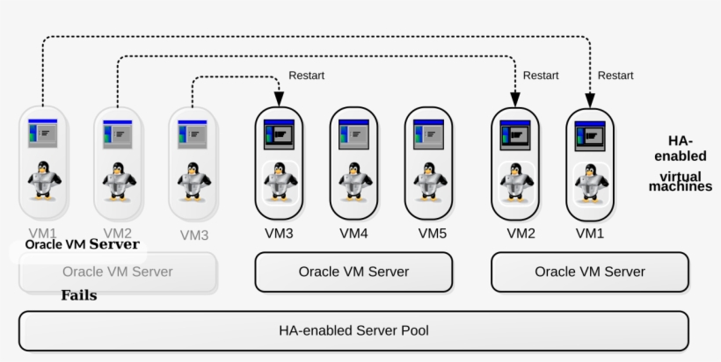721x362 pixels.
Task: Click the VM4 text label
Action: click(353, 234)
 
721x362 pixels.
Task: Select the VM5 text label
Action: click(432, 234)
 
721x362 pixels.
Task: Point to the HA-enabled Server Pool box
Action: click(353, 330)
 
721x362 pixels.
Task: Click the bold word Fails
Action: click(78, 295)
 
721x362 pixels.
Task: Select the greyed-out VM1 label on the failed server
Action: click(41, 233)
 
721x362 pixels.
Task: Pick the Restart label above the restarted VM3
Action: click(306, 76)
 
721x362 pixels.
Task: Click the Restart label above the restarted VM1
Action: click(615, 76)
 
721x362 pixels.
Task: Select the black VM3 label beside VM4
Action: click(280, 234)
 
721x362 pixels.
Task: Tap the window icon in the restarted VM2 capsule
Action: click(515, 134)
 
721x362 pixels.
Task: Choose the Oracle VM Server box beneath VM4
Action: click(353, 272)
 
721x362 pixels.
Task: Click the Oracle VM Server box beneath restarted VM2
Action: click(589, 272)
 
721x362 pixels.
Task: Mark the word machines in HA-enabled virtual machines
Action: click(681, 186)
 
